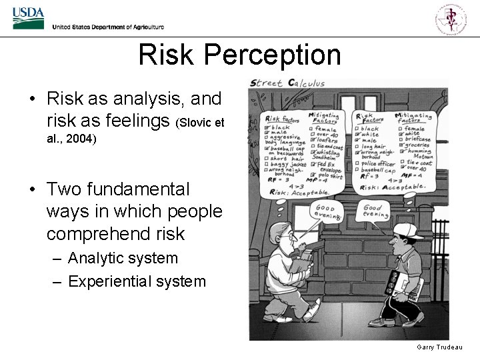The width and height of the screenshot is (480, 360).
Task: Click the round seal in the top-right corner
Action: click(451, 19)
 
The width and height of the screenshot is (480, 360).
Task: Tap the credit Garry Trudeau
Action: click(439, 347)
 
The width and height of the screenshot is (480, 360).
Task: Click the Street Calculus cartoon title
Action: click(287, 83)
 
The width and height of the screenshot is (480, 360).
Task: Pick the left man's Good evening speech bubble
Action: click(327, 212)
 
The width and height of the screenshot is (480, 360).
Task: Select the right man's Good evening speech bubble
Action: click(375, 211)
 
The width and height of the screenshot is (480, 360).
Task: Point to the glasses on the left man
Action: click(286, 236)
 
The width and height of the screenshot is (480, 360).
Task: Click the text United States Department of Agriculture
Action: click(107, 27)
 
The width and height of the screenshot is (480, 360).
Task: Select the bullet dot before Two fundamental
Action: click(32, 191)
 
